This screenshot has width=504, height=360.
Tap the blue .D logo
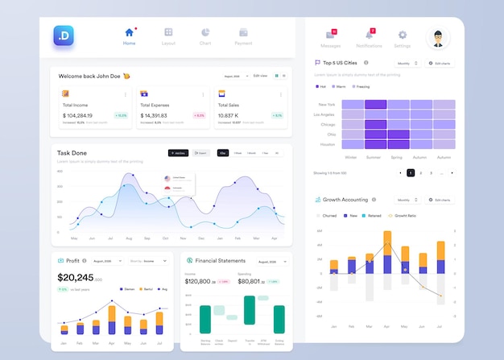pyautogui.click(x=64, y=35)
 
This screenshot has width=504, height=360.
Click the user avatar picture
pyautogui.click(x=437, y=36)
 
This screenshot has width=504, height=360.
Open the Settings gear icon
pyautogui.click(x=403, y=35)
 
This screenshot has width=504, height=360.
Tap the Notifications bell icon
pyautogui.click(x=369, y=35)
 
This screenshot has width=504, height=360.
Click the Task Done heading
pyautogui.click(x=72, y=153)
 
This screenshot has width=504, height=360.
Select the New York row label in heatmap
pyautogui.click(x=327, y=105)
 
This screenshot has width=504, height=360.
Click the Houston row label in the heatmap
pyautogui.click(x=327, y=144)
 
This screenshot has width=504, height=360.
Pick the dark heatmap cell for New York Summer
pyautogui.click(x=375, y=104)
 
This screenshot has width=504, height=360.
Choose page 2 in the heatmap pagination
pyautogui.click(x=420, y=172)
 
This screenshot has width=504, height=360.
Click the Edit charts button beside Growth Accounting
pyautogui.click(x=440, y=200)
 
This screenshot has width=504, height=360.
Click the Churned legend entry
pyautogui.click(x=328, y=216)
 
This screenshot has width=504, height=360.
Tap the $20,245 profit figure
pyautogui.click(x=75, y=277)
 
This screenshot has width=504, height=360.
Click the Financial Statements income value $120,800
pyautogui.click(x=197, y=282)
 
